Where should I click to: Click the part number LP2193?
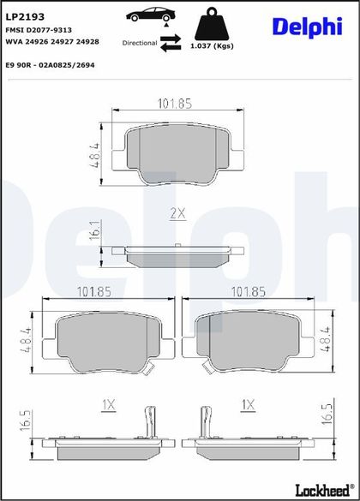(25, 16)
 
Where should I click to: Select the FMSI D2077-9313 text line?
(39, 30)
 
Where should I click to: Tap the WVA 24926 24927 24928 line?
(52, 42)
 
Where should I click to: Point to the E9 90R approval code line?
(51, 65)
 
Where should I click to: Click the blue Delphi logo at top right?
(308, 27)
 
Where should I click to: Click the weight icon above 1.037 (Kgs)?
(212, 22)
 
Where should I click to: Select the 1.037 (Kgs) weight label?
(212, 46)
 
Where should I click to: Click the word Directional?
(140, 43)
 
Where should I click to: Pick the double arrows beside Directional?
(171, 43)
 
